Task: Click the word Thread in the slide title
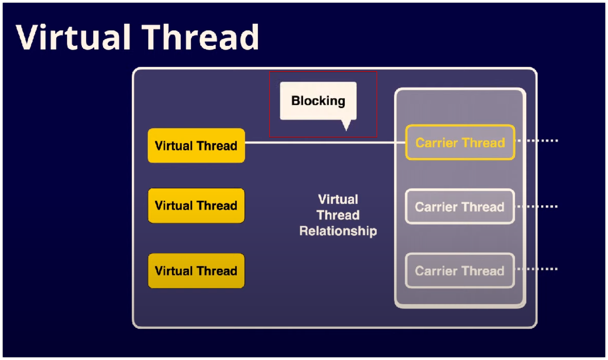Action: pyautogui.click(x=200, y=37)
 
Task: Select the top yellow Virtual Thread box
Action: pyautogui.click(x=196, y=146)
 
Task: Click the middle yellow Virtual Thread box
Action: pyautogui.click(x=196, y=206)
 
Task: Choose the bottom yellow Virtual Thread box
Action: pyautogui.click(x=196, y=271)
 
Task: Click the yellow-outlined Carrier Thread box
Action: pyautogui.click(x=460, y=142)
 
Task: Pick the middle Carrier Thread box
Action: pyautogui.click(x=460, y=207)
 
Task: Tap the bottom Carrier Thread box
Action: pyautogui.click(x=460, y=271)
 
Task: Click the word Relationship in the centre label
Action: pyautogui.click(x=338, y=231)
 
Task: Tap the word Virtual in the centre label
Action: pyautogui.click(x=338, y=200)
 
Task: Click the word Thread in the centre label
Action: pyautogui.click(x=338, y=215)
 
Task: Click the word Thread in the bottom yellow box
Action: pyautogui.click(x=217, y=271)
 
